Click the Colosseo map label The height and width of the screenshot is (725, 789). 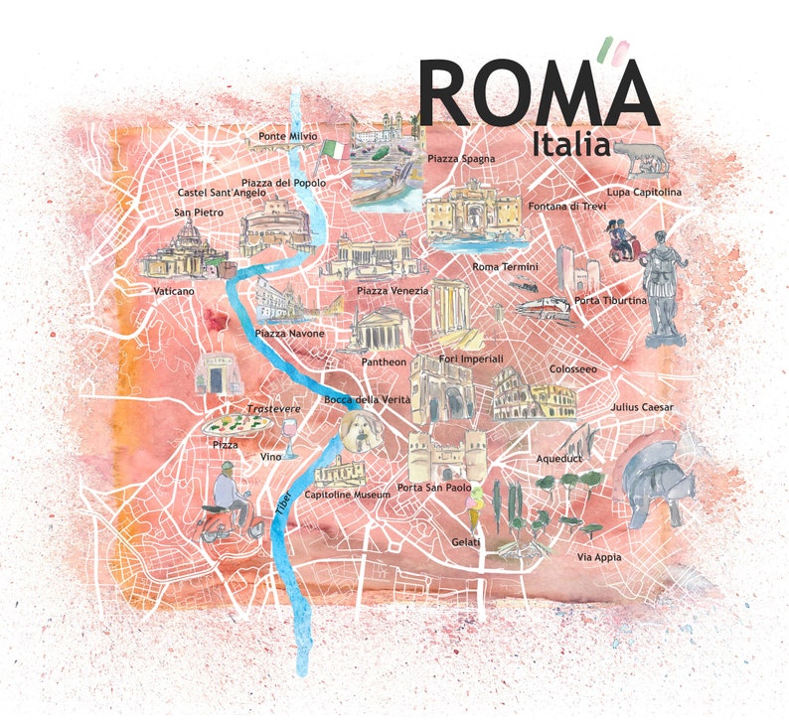click(x=573, y=369)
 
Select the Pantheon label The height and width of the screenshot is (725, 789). click(x=384, y=362)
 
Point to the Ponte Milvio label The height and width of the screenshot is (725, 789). click(x=288, y=135)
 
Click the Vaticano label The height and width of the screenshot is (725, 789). click(x=174, y=292)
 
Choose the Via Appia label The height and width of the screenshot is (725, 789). click(x=599, y=557)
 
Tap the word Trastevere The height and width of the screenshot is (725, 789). click(x=273, y=409)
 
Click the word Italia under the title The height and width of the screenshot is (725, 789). click(x=570, y=143)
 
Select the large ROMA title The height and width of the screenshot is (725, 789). click(x=538, y=94)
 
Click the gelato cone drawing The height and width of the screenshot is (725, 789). click(x=475, y=507)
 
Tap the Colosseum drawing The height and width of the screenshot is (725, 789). click(x=533, y=393)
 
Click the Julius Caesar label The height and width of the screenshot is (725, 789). click(x=642, y=407)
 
